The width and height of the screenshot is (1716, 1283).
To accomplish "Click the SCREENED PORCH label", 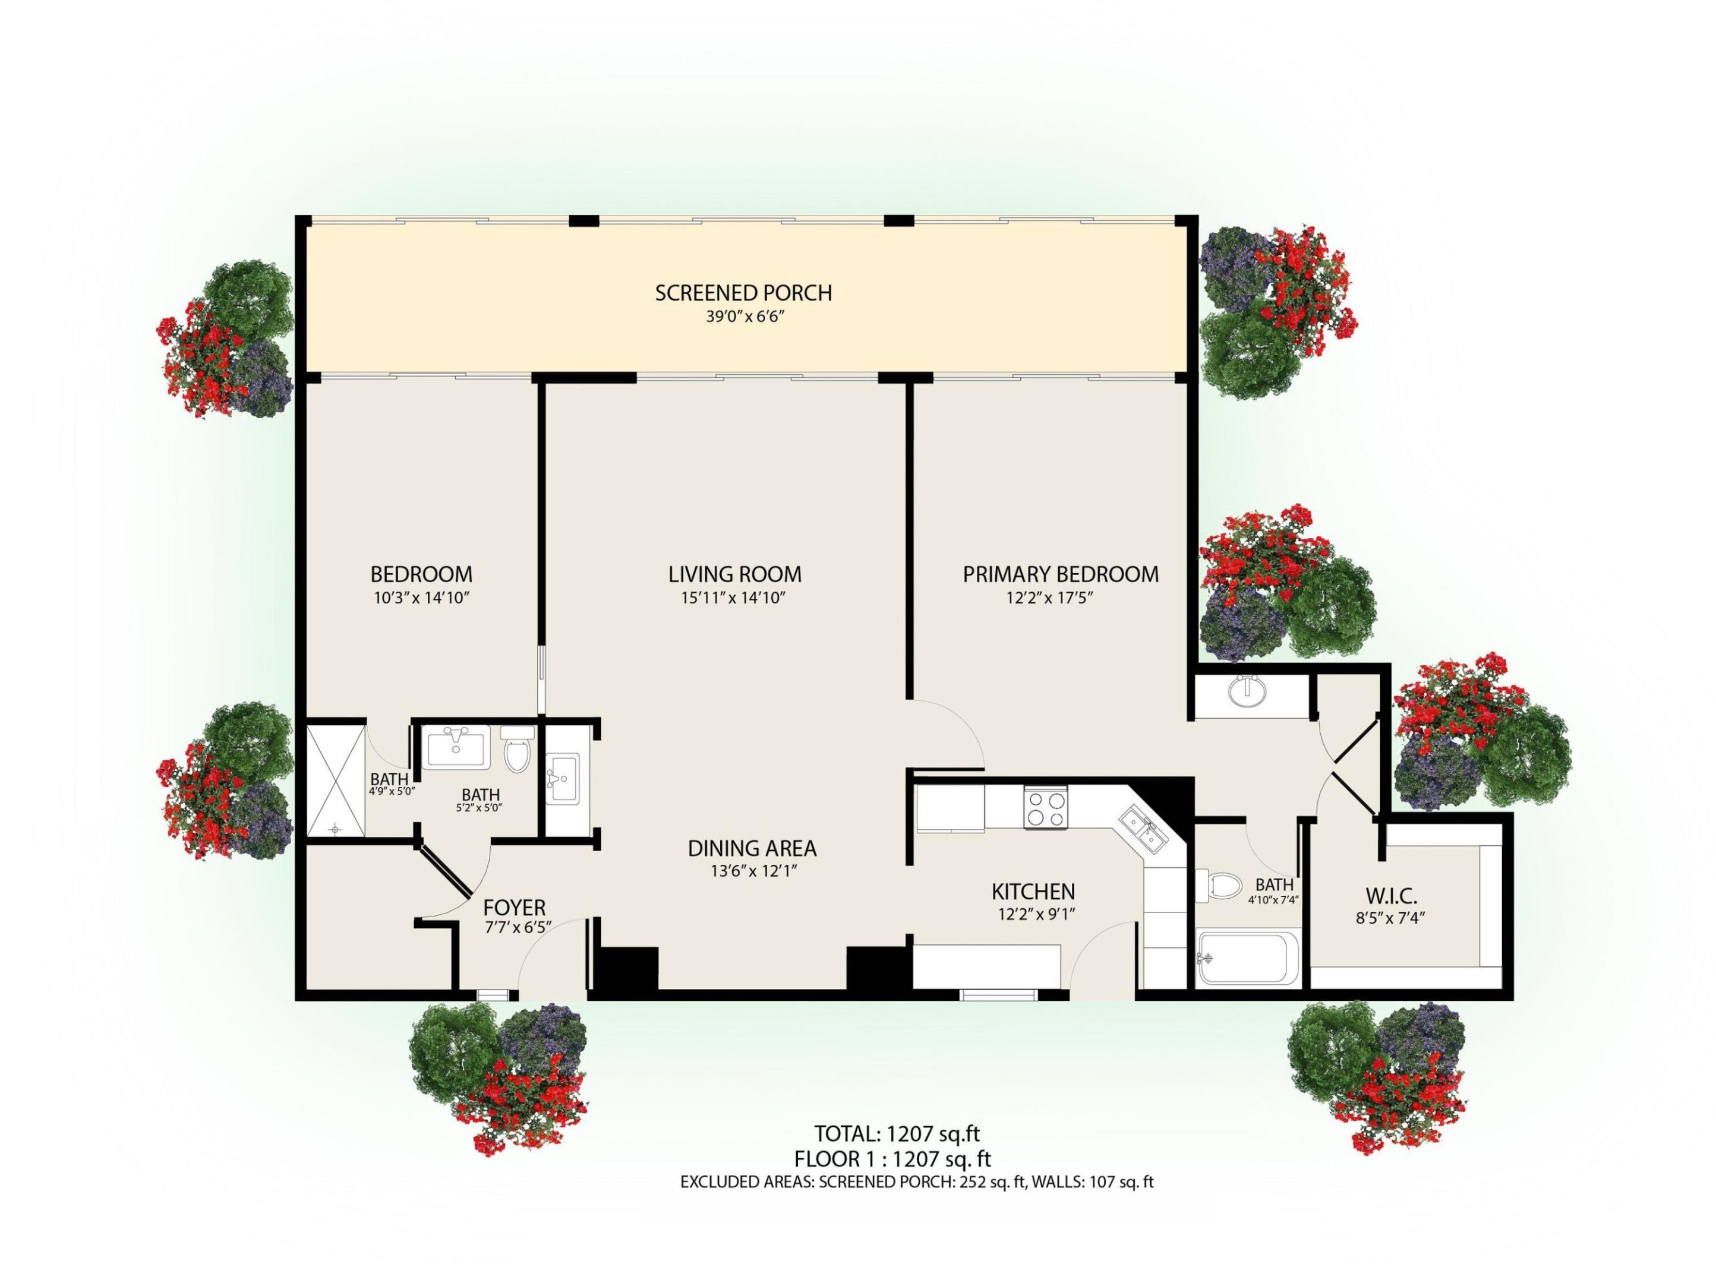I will pyautogui.click(x=743, y=293).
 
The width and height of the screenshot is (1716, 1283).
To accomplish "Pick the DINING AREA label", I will pyautogui.click(x=752, y=848).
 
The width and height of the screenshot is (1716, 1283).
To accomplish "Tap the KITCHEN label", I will pyautogui.click(x=1033, y=892).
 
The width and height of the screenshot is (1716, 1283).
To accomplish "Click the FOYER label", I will pyautogui.click(x=515, y=908).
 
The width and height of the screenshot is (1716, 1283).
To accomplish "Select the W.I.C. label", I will pyautogui.click(x=1391, y=896).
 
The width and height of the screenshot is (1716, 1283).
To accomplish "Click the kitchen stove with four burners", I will pyautogui.click(x=1045, y=807).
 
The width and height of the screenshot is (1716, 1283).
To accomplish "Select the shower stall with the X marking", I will pyautogui.click(x=335, y=780).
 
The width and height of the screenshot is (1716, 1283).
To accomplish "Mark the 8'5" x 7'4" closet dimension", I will pyautogui.click(x=1391, y=917).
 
